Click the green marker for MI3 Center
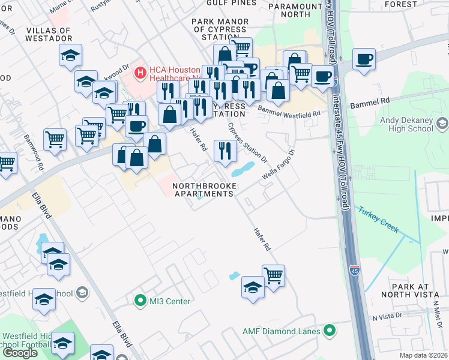[140, 301]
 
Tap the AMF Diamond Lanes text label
[282, 331]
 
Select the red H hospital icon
[140, 73]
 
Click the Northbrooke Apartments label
[204, 190]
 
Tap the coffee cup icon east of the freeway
[364, 60]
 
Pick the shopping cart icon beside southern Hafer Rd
[273, 276]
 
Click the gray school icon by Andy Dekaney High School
[442, 124]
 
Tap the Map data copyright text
[423, 355]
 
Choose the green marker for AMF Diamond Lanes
[329, 331]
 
